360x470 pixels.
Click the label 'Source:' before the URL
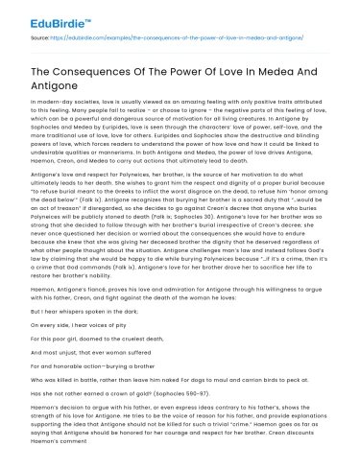pos(41,37)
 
